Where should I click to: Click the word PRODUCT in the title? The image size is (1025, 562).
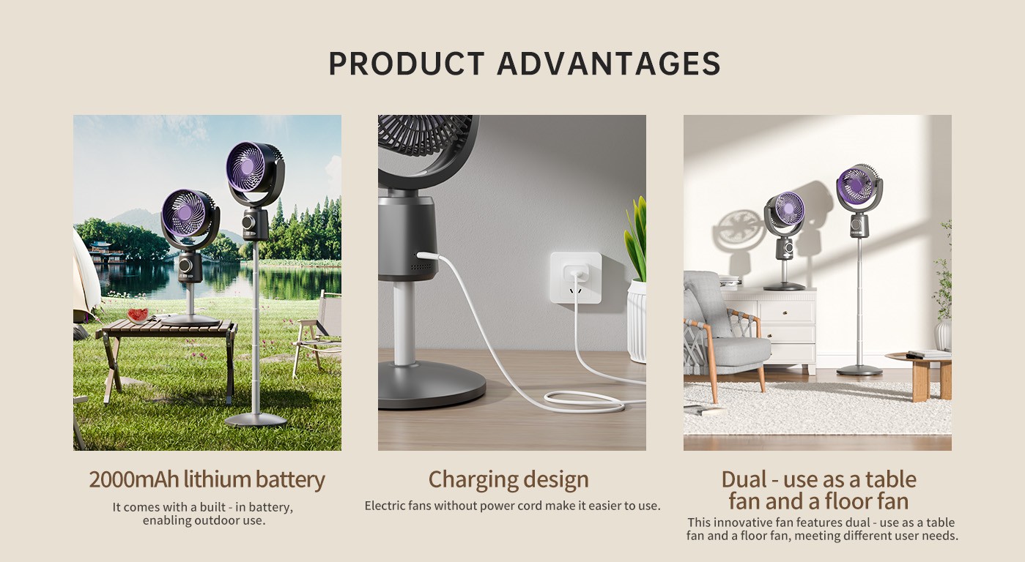pyautogui.click(x=407, y=64)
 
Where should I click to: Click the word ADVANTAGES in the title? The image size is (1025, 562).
pyautogui.click(x=609, y=64)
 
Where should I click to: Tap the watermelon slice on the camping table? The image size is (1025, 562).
pyautogui.click(x=138, y=315)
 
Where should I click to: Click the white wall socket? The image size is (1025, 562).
pyautogui.click(x=576, y=278)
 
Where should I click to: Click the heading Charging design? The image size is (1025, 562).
pyautogui.click(x=508, y=480)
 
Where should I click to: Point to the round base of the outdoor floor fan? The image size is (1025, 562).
pyautogui.click(x=256, y=419)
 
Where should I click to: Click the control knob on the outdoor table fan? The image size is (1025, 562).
pyautogui.click(x=185, y=266)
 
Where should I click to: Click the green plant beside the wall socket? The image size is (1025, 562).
pyautogui.click(x=637, y=239)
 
